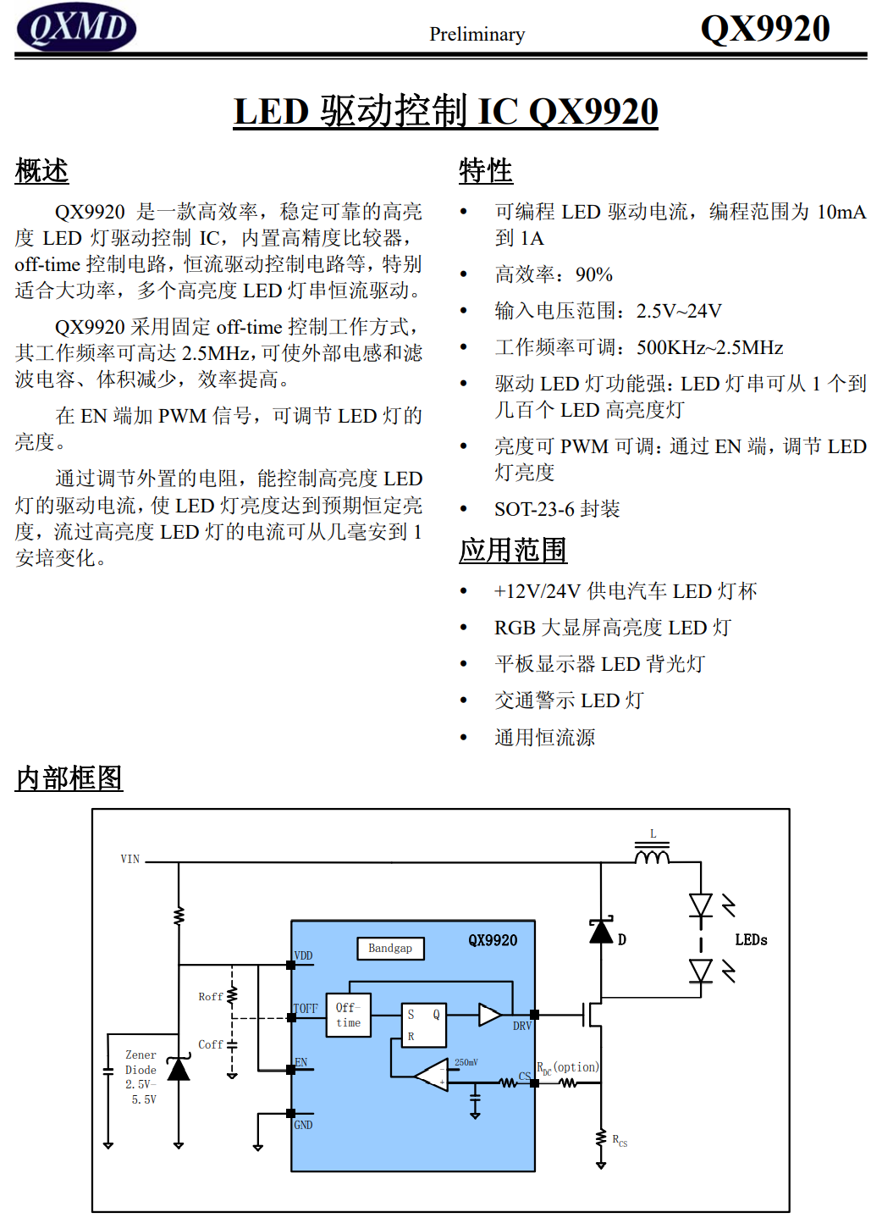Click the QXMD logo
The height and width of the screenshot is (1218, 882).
76,27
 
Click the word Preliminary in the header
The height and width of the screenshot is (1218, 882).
477,34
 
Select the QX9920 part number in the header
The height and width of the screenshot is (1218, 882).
764,29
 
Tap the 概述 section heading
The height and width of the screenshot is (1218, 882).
41,170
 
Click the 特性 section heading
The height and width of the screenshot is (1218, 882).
485,170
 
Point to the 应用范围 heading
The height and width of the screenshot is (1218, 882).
513,551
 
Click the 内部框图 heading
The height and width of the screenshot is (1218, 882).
69,778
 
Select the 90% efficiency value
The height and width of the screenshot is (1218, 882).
593,274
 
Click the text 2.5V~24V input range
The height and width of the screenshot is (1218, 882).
679,311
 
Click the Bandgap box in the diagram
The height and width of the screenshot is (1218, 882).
390,949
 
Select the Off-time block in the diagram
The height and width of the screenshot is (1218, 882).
348,1015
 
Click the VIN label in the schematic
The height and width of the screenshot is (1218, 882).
130,859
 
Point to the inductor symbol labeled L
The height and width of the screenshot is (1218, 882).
652,855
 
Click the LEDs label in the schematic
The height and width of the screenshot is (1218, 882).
751,940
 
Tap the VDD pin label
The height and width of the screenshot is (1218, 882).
303,955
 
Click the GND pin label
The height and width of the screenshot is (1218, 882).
303,1125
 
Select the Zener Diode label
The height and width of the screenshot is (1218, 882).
141,1062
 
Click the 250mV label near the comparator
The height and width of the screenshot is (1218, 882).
466,1062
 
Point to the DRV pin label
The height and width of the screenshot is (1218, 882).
521,1026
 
